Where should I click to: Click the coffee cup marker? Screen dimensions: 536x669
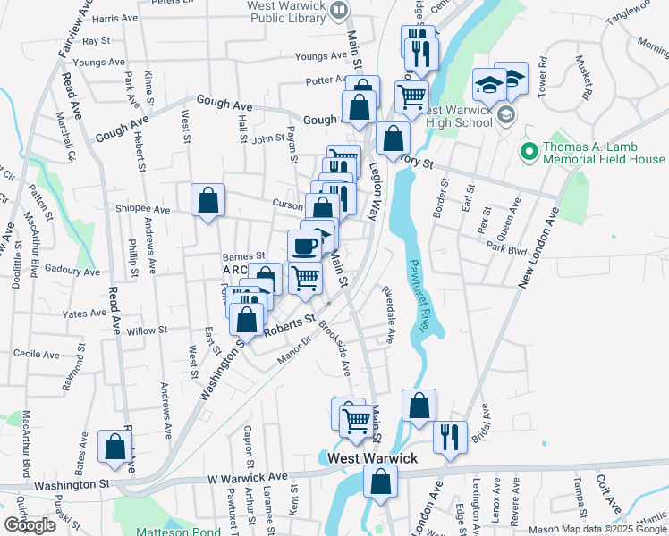tap(305, 245)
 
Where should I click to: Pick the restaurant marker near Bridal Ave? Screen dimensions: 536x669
tap(449, 437)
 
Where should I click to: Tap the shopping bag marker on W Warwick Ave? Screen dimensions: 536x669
tap(380, 482)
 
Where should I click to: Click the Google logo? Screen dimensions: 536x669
tap(30, 524)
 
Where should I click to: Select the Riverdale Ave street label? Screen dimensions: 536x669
tap(388, 315)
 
